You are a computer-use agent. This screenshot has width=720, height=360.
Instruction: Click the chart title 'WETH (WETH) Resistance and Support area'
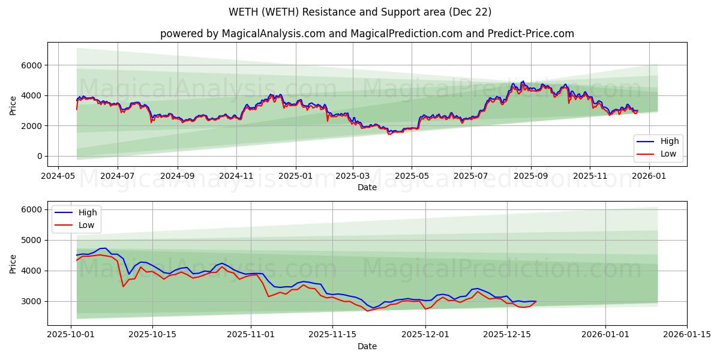click(x=360, y=12)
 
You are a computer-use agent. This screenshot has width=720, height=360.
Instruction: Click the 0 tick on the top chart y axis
click(x=39, y=156)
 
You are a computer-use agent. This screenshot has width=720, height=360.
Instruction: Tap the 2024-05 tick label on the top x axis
click(x=58, y=176)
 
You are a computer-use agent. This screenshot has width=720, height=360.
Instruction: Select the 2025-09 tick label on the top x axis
click(x=531, y=176)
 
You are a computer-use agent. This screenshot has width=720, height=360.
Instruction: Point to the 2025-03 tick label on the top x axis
click(x=353, y=176)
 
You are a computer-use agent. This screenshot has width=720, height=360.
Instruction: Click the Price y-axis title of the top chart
click(x=13, y=104)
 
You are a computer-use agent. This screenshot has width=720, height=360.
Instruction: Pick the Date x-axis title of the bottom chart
click(x=367, y=346)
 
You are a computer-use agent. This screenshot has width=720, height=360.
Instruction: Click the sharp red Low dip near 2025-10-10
click(x=124, y=286)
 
